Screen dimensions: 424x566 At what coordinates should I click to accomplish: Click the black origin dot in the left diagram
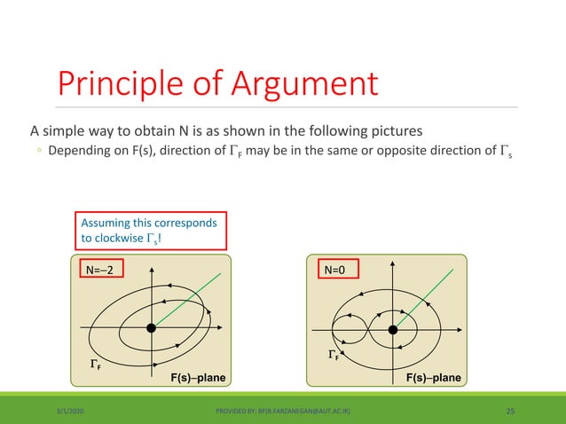coord(152,328)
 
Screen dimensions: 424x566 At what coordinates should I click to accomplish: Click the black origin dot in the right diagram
coord(391,329)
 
